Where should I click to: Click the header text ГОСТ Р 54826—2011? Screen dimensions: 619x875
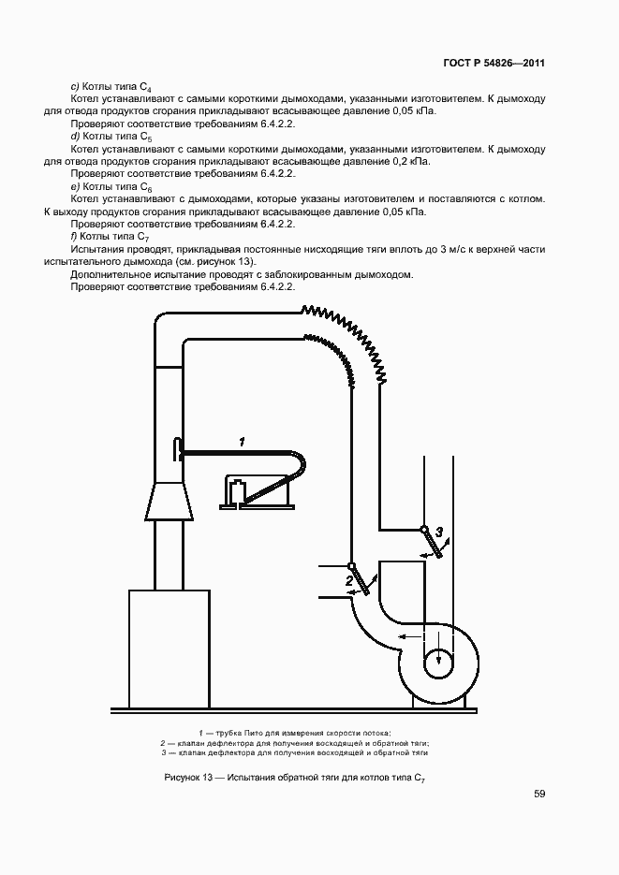(x=494, y=64)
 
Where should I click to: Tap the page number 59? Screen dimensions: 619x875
(x=539, y=794)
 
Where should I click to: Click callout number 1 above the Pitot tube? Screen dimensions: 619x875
(x=242, y=441)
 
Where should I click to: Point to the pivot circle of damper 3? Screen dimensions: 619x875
(x=424, y=531)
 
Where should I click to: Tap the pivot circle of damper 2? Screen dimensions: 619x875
(x=352, y=565)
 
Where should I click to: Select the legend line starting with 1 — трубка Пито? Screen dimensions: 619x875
(x=295, y=732)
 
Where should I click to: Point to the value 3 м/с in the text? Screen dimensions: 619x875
(x=438, y=250)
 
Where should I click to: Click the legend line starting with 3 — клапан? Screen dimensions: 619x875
(x=295, y=752)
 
